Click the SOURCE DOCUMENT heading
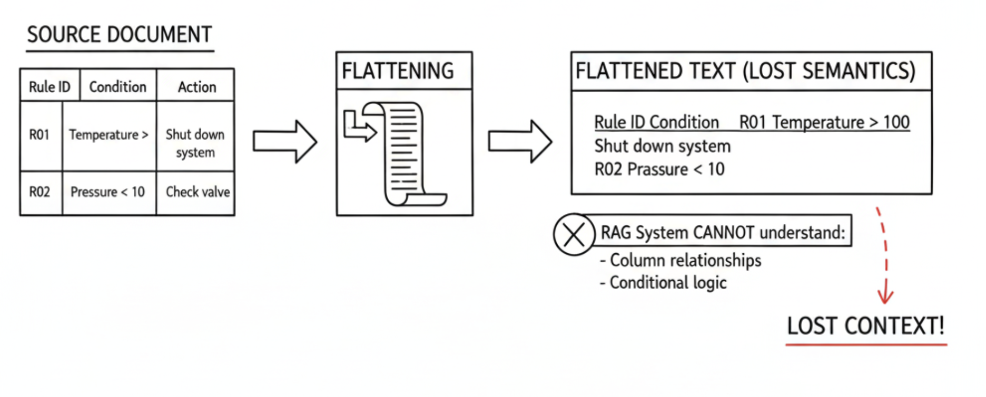[x=120, y=35]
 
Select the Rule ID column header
[x=50, y=87]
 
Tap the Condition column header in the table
[x=118, y=87]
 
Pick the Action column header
[x=197, y=87]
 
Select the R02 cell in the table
[x=40, y=192]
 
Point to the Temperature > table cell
[x=109, y=135]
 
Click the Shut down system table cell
[x=195, y=143]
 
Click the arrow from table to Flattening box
[x=285, y=142]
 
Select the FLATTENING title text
[x=398, y=71]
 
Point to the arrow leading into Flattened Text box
[x=520, y=142]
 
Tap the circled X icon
[x=574, y=235]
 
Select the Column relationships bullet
[x=681, y=260]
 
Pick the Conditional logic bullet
[x=663, y=283]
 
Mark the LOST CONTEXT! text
[x=866, y=326]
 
